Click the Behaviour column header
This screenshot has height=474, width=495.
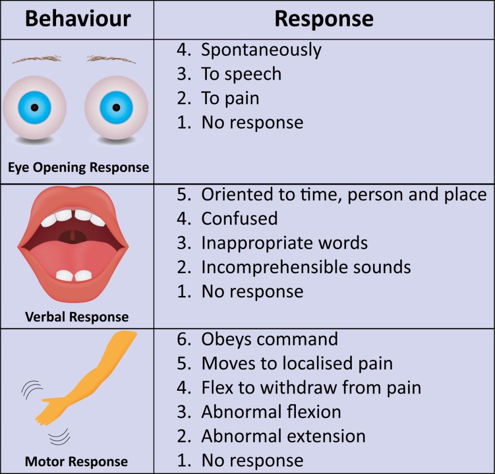pyautogui.click(x=78, y=19)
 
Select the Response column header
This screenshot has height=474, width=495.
pyautogui.click(x=324, y=19)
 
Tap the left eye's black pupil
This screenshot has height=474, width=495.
pyautogui.click(x=34, y=107)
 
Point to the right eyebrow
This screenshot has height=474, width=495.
pyautogui.click(x=111, y=59)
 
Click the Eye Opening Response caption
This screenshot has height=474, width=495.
pyautogui.click(x=78, y=167)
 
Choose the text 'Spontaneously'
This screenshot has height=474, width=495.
pyautogui.click(x=261, y=50)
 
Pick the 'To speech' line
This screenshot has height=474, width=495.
pyautogui.click(x=241, y=74)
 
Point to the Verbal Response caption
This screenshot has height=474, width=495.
pyautogui.click(x=77, y=317)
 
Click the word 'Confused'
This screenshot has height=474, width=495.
pyautogui.click(x=239, y=219)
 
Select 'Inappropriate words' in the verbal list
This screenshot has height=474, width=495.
pyautogui.click(x=284, y=243)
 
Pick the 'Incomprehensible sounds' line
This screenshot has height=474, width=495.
pyautogui.click(x=306, y=267)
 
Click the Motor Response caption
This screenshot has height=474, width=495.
pyautogui.click(x=76, y=461)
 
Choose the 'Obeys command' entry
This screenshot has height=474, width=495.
pyautogui.click(x=269, y=339)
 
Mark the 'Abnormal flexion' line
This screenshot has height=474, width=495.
pyautogui.click(x=271, y=412)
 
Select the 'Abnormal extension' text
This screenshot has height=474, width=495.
pyautogui.click(x=283, y=436)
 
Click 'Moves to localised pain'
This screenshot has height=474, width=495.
pyautogui.click(x=297, y=363)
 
